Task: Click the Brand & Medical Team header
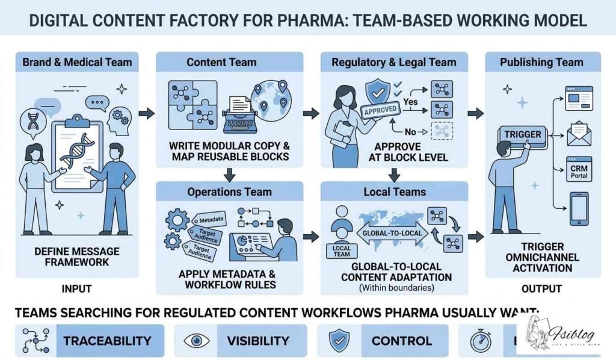coord(76,62)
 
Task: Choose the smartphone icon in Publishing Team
coord(579,208)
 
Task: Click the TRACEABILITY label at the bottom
coord(107,341)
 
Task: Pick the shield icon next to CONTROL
coord(337,341)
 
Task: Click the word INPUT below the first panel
coord(76,289)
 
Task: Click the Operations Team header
coord(229,192)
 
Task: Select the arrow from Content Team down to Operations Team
coord(229,173)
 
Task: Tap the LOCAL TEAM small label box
coord(341,250)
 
